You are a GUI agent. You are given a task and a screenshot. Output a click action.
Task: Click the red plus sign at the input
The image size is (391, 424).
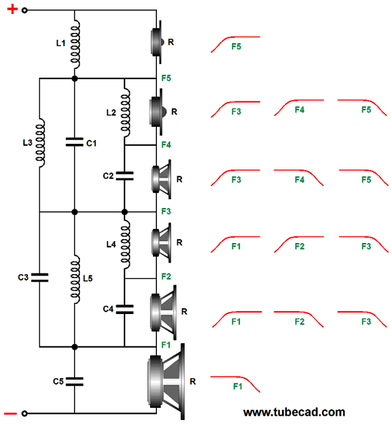click(12, 9)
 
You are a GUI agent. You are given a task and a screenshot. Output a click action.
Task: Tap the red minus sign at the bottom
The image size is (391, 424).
click(10, 413)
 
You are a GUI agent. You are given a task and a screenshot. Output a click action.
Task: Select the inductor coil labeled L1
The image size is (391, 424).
click(75, 44)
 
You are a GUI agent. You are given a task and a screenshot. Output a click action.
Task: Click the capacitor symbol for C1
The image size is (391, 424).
click(74, 142)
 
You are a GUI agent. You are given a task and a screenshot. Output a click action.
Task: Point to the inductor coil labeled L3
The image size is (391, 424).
click(40, 142)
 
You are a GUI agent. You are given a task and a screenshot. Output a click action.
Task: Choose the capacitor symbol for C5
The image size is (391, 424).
click(74, 381)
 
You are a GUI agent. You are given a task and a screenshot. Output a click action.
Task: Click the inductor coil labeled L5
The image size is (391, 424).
click(75, 279)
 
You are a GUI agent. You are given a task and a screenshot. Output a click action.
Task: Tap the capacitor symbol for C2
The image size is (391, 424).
click(124, 176)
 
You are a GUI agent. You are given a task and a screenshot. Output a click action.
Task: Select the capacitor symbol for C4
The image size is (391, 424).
click(124, 309)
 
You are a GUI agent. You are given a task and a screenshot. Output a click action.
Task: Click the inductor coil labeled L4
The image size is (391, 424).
click(125, 244)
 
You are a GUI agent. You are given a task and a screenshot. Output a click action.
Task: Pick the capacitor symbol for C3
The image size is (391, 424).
click(39, 277)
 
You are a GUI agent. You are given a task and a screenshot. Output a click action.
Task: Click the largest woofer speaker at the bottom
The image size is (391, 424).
click(166, 381)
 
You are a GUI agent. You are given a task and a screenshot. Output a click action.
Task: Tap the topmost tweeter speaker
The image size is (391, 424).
click(157, 42)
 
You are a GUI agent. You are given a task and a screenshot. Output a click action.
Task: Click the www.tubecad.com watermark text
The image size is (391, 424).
click(294, 412)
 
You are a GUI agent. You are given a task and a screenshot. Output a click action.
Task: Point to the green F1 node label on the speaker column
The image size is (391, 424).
click(166, 345)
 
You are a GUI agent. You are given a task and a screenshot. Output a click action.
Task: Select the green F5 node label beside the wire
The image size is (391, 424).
click(166, 78)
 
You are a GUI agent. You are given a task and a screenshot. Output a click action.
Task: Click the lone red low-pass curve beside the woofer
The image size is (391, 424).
click(235, 384)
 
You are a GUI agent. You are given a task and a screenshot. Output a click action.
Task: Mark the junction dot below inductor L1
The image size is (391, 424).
click(75, 79)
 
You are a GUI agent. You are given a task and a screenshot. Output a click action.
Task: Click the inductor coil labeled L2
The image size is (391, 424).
click(125, 112)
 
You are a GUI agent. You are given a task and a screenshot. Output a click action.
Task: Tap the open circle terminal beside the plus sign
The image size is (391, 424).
click(24, 10)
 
